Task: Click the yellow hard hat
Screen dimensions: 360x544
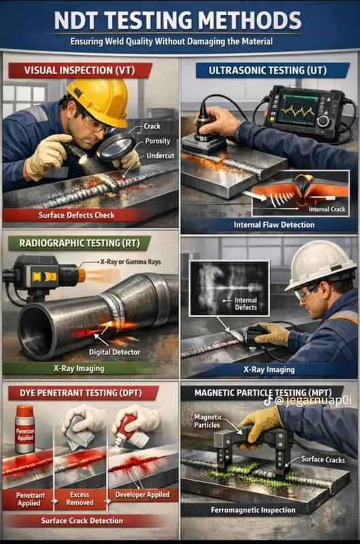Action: coord(99,101)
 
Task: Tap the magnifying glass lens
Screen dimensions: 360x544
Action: coord(116,148)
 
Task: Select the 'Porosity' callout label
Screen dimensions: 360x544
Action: coord(158,141)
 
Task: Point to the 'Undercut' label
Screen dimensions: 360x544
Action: coord(160,156)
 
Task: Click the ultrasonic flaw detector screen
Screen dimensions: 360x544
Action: coord(299,107)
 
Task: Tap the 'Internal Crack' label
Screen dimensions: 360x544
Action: coord(327,209)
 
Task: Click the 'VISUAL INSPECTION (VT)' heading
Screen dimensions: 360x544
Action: coord(80,71)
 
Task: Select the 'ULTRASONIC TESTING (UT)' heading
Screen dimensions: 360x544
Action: coord(267,71)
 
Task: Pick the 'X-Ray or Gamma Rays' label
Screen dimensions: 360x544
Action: coord(131,262)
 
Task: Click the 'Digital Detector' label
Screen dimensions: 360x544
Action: coord(114,352)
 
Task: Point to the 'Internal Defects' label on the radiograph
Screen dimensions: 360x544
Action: coord(246,304)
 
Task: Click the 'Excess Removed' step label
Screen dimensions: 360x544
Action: coord(80,498)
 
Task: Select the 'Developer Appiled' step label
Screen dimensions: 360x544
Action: coord(142,495)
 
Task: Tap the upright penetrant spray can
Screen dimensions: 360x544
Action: coord(25,429)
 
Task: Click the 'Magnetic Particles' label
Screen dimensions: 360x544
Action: coord(208,421)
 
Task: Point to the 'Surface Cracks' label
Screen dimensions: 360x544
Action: coord(323,460)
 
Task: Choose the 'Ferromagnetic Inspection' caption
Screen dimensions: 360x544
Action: coord(253,510)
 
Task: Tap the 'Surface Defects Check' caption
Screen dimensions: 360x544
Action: coord(76,215)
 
